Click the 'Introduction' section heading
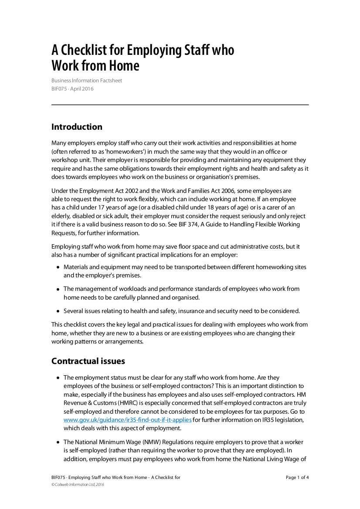click(x=77, y=127)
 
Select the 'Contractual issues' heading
click(x=88, y=361)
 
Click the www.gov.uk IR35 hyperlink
click(x=128, y=420)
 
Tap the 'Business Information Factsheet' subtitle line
click(x=87, y=81)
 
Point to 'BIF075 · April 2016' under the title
click(x=72, y=89)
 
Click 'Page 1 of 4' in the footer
click(x=297, y=477)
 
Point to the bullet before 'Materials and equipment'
click(x=58, y=267)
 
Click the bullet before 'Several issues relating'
click(x=58, y=311)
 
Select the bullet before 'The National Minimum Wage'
click(x=58, y=442)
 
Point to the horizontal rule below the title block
click(x=180, y=105)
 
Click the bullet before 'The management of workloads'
click(x=58, y=289)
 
